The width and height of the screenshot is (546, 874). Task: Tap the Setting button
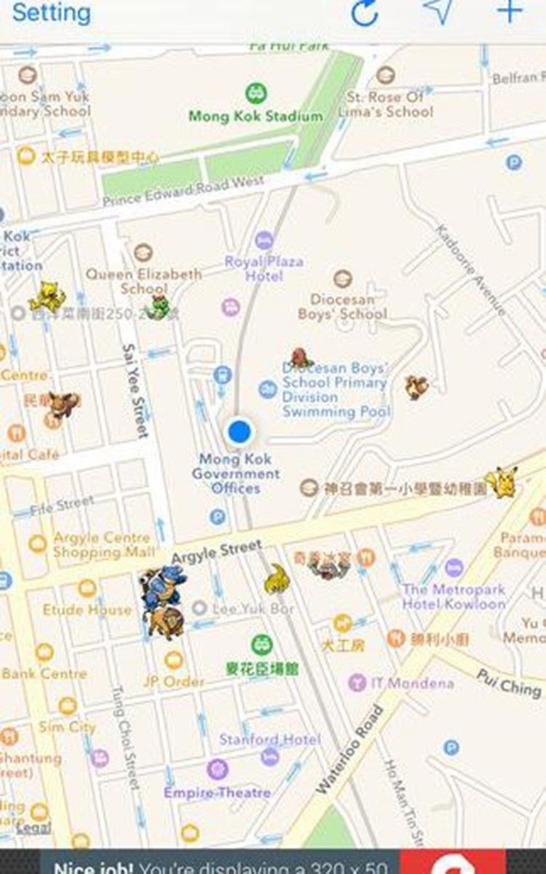(52, 12)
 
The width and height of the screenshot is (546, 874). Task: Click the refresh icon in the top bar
(365, 12)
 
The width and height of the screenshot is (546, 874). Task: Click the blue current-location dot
(239, 431)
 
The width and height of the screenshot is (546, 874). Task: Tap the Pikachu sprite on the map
(502, 482)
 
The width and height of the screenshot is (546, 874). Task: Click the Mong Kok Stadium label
(256, 116)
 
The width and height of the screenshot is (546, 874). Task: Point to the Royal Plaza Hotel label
(264, 268)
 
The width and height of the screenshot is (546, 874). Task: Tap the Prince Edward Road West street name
(183, 191)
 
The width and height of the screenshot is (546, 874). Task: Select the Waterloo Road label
(351, 749)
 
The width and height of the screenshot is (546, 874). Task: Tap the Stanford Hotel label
(270, 739)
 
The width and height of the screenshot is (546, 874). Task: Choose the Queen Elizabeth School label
(143, 280)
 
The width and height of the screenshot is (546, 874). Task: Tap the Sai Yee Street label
(135, 390)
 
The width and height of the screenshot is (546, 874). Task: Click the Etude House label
(87, 609)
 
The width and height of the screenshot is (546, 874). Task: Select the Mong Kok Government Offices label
(236, 473)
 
